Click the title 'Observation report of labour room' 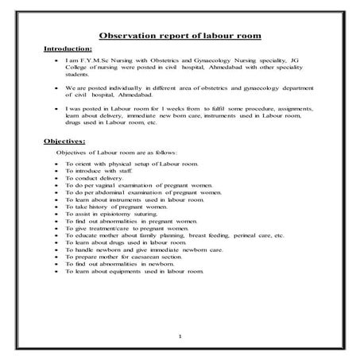click(180, 36)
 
